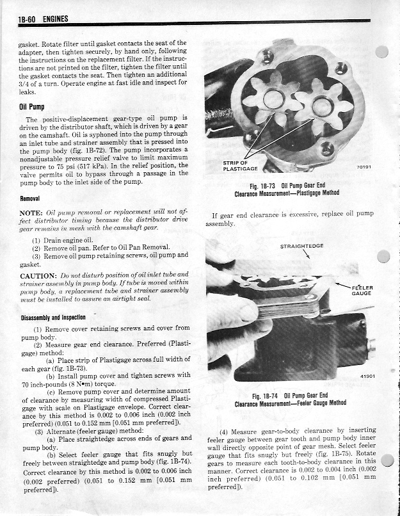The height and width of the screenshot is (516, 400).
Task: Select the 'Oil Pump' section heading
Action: (34, 106)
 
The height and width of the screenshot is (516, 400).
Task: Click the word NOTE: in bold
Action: (31, 212)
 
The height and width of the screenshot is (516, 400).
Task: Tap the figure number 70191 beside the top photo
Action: (364, 169)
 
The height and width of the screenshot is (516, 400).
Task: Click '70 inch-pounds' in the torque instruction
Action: (45, 384)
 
